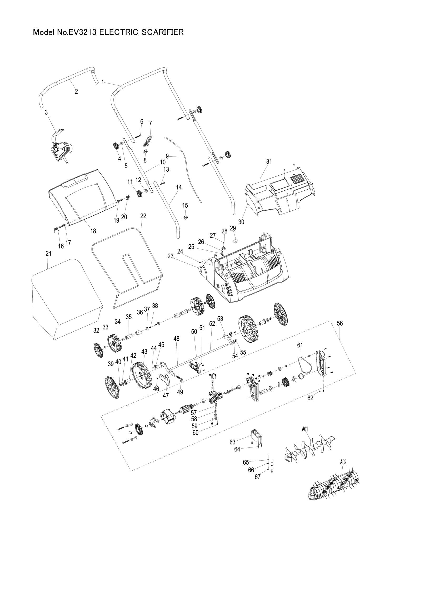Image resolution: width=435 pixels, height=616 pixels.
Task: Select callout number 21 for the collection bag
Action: click(x=48, y=253)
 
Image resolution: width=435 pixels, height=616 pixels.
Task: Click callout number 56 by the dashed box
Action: click(x=339, y=324)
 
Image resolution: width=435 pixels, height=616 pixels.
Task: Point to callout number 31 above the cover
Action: click(x=269, y=161)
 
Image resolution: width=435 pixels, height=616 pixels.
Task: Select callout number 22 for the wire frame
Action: click(x=143, y=216)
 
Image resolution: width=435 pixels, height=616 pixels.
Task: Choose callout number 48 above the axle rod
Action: click(x=176, y=339)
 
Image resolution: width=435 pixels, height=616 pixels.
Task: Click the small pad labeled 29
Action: click(x=235, y=240)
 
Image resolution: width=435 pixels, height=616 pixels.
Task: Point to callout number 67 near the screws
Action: click(x=257, y=477)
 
